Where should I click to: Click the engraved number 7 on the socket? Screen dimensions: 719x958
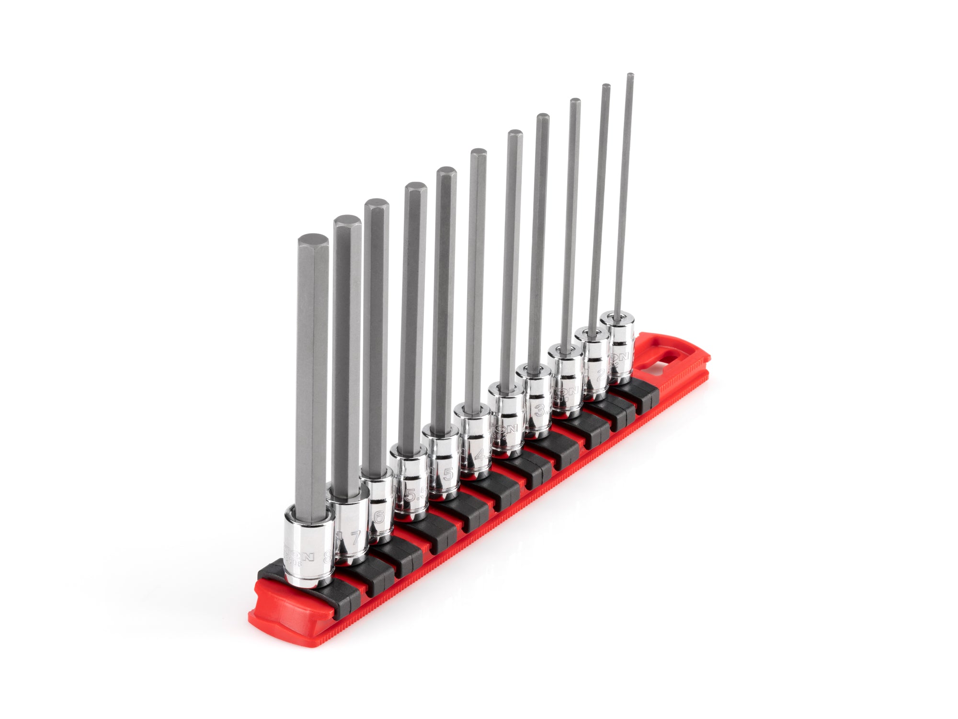pos(354,538)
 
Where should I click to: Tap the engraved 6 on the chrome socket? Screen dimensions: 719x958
pos(379,517)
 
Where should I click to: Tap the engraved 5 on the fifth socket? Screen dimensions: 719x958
pos(448,474)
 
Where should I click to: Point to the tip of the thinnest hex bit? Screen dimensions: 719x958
pos(630,75)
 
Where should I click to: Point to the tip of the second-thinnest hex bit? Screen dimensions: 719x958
pos(606,86)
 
